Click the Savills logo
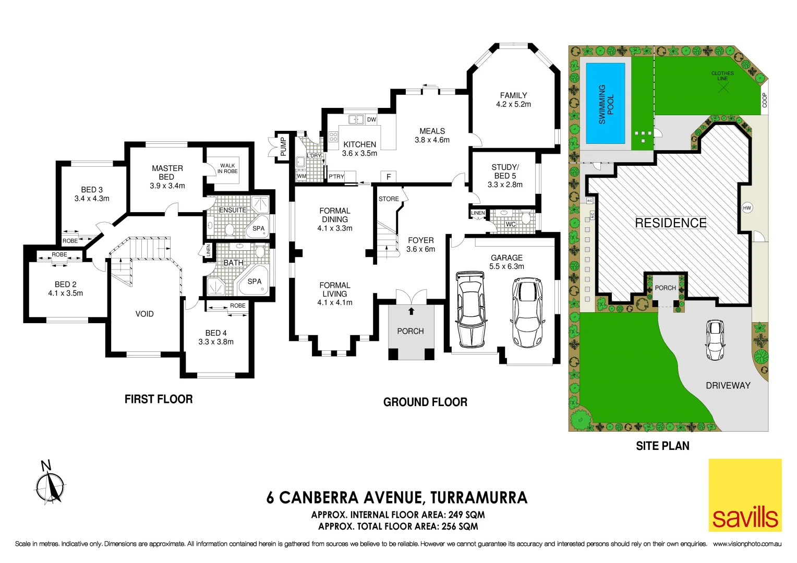[x=744, y=495]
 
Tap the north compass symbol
[x=50, y=485]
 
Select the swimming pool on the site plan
[x=606, y=103]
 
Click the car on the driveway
[x=715, y=340]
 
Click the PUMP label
[x=283, y=146]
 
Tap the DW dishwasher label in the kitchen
[x=371, y=119]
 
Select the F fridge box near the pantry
[x=389, y=177]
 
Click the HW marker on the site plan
[x=747, y=208]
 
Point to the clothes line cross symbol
[x=723, y=88]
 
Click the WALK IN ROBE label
[x=227, y=168]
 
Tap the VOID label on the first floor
[x=144, y=314]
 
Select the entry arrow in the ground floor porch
[x=411, y=311]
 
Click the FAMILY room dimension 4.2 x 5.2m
[x=513, y=104]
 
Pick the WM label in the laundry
[x=301, y=176]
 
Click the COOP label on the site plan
[x=764, y=100]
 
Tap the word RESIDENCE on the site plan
[x=670, y=223]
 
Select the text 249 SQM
[x=463, y=515]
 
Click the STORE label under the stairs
[x=389, y=199]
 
